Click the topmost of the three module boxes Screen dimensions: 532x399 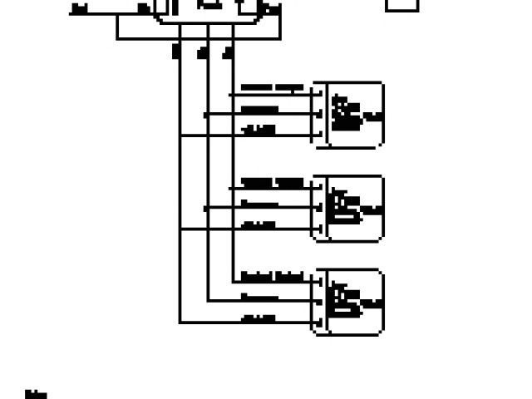tap(347, 115)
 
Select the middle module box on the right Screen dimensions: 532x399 tap(347, 209)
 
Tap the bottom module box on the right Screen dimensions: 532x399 tap(347, 303)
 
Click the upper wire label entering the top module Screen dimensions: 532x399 tap(271, 87)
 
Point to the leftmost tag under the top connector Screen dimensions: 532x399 tap(175, 52)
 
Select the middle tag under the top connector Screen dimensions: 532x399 tap(202, 52)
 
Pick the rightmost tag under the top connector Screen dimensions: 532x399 tap(229, 52)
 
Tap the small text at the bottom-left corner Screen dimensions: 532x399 tap(35, 393)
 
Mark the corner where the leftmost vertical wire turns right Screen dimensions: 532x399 tap(180, 323)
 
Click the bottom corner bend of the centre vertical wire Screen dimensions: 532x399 tap(208, 301)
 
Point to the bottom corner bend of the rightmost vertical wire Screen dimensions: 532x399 tap(234, 280)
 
